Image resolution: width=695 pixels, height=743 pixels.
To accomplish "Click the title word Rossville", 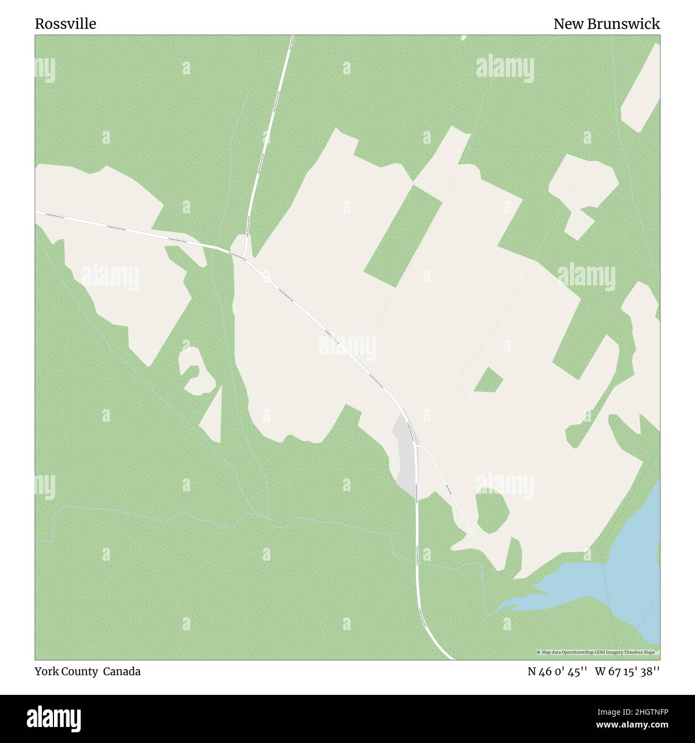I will [x=66, y=24].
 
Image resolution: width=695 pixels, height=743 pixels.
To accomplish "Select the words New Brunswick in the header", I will [x=606, y=24].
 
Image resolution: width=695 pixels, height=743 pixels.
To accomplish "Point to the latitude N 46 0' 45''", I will [x=558, y=671].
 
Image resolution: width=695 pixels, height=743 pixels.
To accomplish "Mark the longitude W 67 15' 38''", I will [x=627, y=671].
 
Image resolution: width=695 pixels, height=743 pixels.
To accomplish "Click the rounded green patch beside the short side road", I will [x=492, y=512].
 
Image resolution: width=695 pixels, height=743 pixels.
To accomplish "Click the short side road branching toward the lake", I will [x=446, y=486].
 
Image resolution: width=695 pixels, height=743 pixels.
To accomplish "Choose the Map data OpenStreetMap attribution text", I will [x=598, y=652].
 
